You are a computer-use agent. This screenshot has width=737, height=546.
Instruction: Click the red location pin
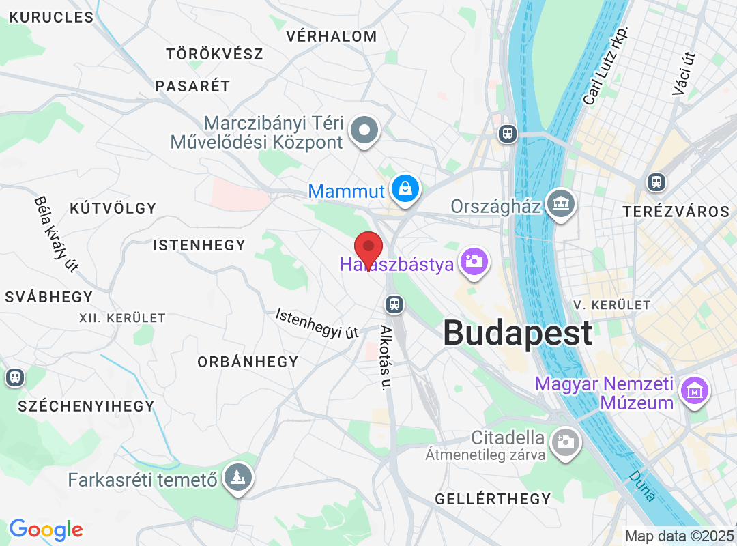(x=369, y=250)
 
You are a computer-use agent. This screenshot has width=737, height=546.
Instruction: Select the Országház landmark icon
(x=561, y=203)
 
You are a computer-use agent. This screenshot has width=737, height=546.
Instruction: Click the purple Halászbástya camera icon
(x=474, y=261)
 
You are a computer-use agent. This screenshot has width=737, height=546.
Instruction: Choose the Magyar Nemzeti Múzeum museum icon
(x=694, y=391)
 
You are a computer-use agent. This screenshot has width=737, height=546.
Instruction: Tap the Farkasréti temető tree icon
(x=237, y=478)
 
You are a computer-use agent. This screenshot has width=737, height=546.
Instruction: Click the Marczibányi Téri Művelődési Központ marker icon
(x=364, y=130)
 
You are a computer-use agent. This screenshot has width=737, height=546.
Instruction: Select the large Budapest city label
(x=517, y=334)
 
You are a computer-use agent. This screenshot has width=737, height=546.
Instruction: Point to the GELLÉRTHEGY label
(x=493, y=499)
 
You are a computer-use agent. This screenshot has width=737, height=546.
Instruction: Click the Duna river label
(x=642, y=485)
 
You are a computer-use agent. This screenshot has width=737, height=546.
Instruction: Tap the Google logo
(x=46, y=530)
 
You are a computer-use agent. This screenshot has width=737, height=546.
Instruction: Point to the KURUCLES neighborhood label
(x=51, y=17)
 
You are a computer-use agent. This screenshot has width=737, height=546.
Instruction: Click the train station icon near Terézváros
(x=656, y=182)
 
